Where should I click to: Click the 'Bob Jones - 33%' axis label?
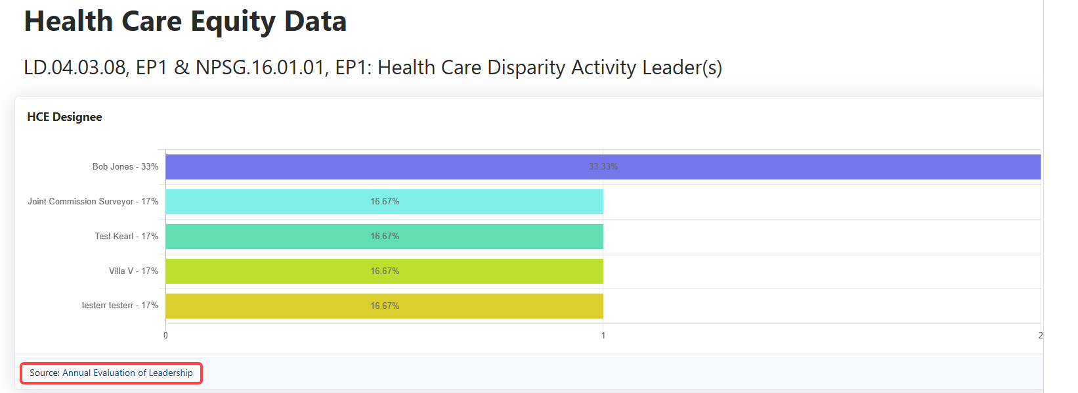point(125,167)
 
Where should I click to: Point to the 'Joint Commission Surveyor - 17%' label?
point(93,202)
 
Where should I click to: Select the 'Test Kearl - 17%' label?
point(126,237)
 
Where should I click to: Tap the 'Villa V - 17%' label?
point(133,271)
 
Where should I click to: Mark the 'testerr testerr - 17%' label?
point(119,306)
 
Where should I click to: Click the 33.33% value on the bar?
point(603,167)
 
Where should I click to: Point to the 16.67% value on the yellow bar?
point(385,306)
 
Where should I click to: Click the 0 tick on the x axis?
point(165,336)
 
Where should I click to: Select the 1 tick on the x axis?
point(603,336)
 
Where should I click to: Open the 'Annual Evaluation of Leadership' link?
point(127,373)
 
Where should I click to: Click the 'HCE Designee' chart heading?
point(64,117)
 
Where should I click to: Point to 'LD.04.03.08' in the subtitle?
point(75,68)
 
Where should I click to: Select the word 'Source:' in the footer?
point(45,373)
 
